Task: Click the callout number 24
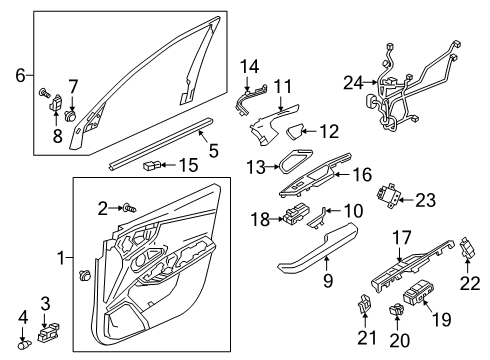point(353,82)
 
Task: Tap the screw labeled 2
point(130,208)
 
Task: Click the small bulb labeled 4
point(24,344)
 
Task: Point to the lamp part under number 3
point(49,332)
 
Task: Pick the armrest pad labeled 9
point(318,250)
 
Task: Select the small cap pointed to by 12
point(294,131)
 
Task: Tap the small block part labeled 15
point(152,165)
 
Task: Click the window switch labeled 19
point(418,292)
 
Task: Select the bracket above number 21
point(364,302)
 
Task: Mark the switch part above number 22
point(468,248)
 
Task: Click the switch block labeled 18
point(296,213)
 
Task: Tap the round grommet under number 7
point(70,115)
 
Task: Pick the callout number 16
point(362,175)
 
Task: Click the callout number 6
point(20,75)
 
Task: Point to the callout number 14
point(250,67)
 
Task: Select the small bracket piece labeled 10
point(317,219)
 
